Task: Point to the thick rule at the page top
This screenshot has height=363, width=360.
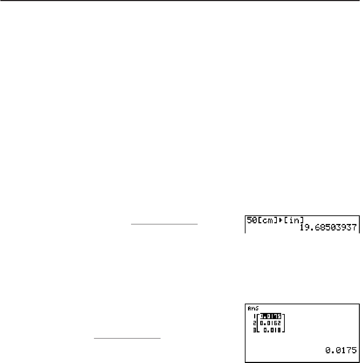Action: coord(180,1)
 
